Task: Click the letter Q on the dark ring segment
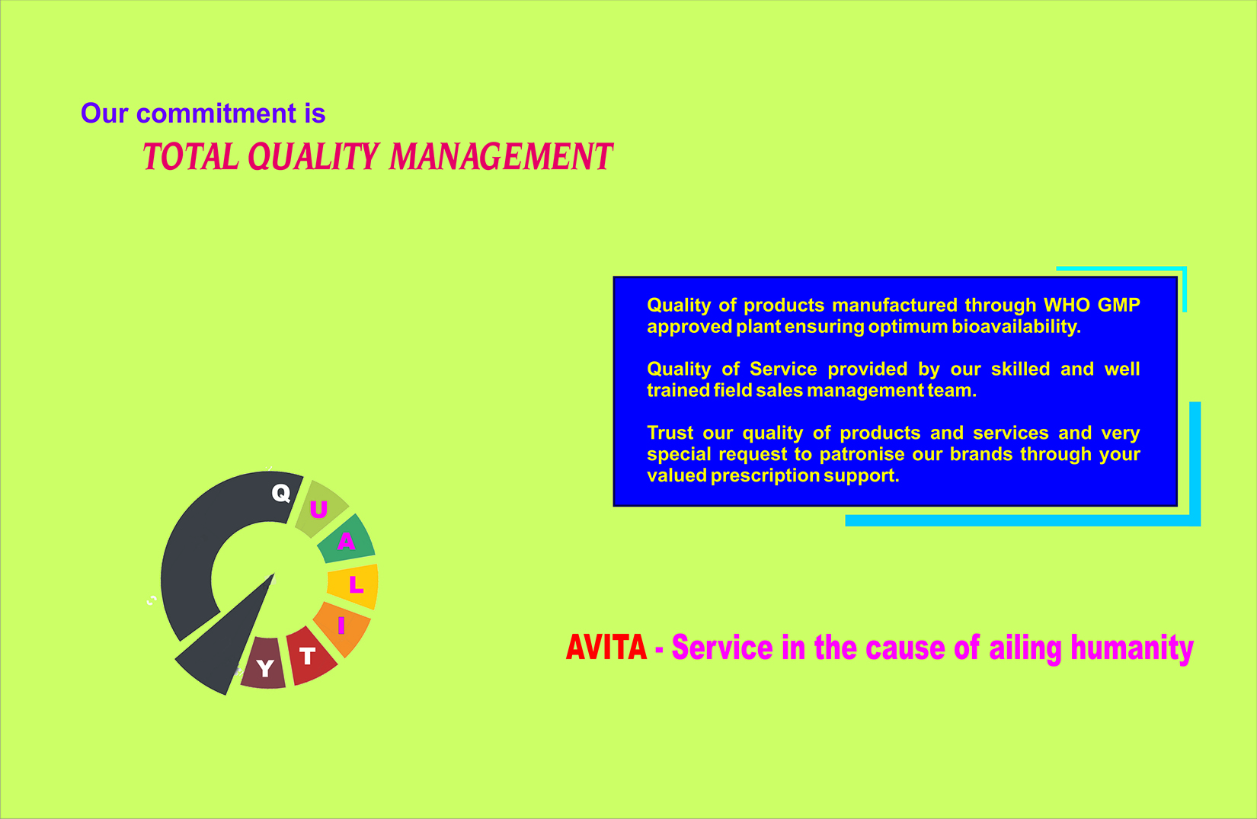tap(280, 494)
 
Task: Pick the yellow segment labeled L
tap(353, 586)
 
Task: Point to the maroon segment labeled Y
tap(264, 664)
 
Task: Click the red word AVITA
tap(606, 648)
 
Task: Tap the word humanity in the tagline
tap(1132, 648)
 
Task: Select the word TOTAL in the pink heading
tap(190, 156)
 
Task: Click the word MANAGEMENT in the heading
tap(501, 156)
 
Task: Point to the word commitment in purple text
tap(216, 113)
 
